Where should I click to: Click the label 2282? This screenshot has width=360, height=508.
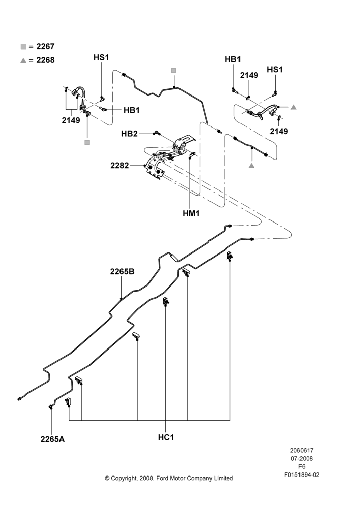point(119,166)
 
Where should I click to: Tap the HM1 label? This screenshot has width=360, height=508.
point(191,213)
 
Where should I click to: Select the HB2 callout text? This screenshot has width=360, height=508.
point(129,134)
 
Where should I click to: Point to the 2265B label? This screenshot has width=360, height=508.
point(122,271)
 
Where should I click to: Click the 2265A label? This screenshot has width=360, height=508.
point(52,439)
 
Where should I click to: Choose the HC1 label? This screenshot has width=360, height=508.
point(166,437)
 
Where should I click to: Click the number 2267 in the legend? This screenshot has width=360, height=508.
point(45,46)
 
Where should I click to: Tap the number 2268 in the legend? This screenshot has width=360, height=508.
point(45,60)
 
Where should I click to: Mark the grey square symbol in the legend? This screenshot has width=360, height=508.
point(23,47)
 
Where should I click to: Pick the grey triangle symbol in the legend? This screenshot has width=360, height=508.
point(23,60)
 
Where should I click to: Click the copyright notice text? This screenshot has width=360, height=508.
point(169,478)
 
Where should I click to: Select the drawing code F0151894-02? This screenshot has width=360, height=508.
point(302,475)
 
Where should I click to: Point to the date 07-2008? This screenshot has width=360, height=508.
point(302,458)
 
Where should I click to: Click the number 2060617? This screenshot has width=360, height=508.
point(302,450)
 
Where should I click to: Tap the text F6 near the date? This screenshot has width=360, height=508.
point(302,466)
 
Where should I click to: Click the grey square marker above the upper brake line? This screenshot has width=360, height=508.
point(174,70)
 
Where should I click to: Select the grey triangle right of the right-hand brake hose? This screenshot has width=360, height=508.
point(293,107)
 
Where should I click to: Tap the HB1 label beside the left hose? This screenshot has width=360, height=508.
point(132,110)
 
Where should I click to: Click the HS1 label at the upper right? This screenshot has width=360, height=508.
point(275,70)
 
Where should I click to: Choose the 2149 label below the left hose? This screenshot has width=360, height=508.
point(71,120)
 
